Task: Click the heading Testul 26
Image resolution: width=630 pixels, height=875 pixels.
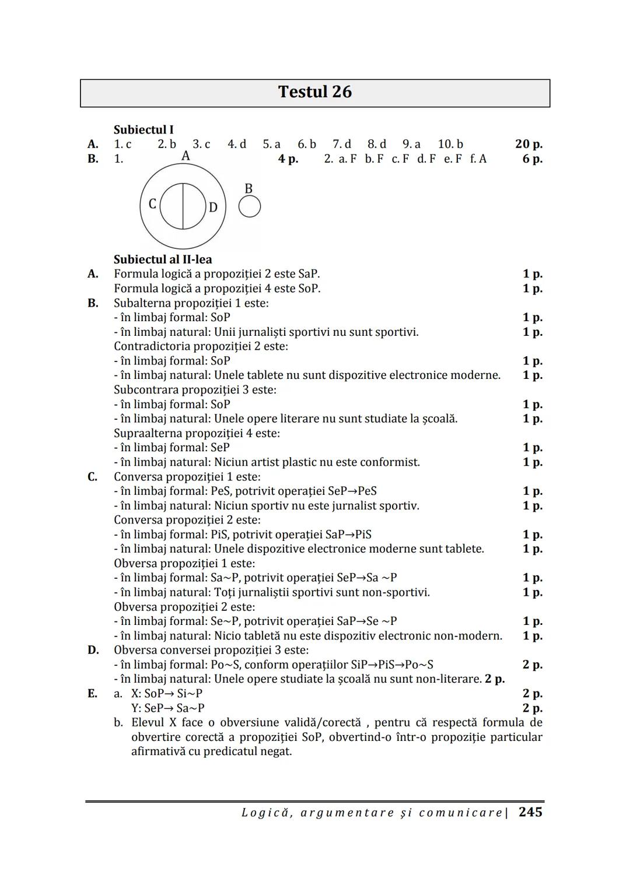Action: [x=314, y=92]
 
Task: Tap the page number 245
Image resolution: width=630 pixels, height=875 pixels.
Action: [x=530, y=812]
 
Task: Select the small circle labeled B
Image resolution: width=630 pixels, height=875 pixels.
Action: [x=249, y=206]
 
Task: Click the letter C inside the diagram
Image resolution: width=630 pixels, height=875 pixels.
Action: [x=152, y=204]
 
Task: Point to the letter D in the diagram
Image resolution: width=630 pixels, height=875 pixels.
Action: [x=213, y=207]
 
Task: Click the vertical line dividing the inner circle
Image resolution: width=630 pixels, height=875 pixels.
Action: [x=183, y=206]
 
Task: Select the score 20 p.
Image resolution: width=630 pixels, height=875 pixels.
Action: [x=528, y=144]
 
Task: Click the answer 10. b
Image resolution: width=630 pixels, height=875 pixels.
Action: [x=450, y=144]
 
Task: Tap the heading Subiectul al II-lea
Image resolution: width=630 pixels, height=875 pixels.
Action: [x=163, y=259]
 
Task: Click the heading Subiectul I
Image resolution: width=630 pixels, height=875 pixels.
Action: [x=143, y=129]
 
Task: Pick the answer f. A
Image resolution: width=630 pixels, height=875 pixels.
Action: [x=478, y=159]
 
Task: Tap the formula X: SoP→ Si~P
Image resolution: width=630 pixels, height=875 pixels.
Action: [x=167, y=694]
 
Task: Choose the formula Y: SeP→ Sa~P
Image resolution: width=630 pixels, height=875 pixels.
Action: [x=168, y=708]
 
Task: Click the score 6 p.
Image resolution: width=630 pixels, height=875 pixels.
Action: [x=532, y=159]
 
